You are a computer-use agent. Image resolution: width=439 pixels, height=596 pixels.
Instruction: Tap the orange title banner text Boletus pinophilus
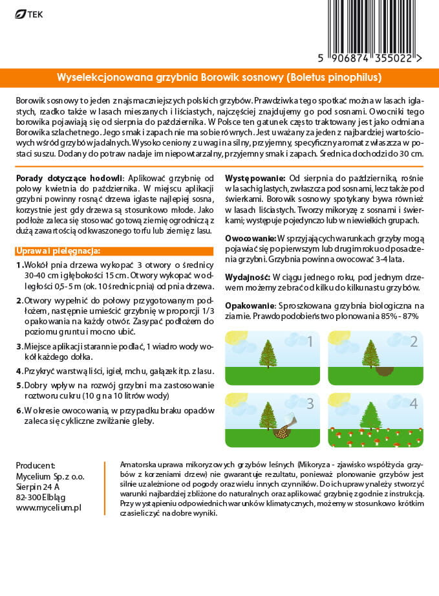(331, 78)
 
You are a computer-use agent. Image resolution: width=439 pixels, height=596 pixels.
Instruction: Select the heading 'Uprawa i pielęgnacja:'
(58, 251)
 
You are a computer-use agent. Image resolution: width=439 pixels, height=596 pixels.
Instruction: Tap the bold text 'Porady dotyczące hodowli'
(69, 178)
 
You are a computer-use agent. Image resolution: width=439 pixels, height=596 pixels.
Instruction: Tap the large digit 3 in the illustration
(310, 404)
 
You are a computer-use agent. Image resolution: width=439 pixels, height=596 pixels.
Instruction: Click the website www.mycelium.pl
(48, 508)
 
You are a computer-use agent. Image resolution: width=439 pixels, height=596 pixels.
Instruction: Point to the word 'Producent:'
(36, 465)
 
